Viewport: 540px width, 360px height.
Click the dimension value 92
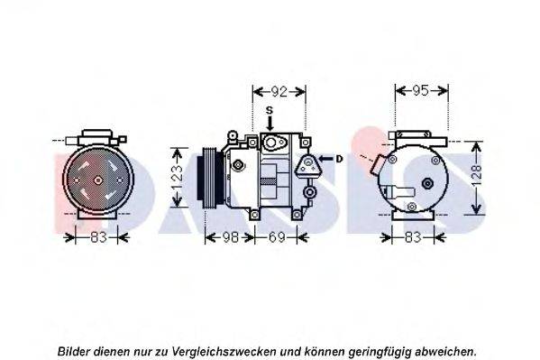point(279,90)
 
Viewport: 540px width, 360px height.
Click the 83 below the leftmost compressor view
point(98,237)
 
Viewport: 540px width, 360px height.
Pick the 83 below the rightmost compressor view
point(412,237)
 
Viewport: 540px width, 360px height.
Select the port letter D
point(339,159)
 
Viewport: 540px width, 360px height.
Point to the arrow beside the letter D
point(325,159)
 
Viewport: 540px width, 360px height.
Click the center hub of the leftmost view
point(96,180)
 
